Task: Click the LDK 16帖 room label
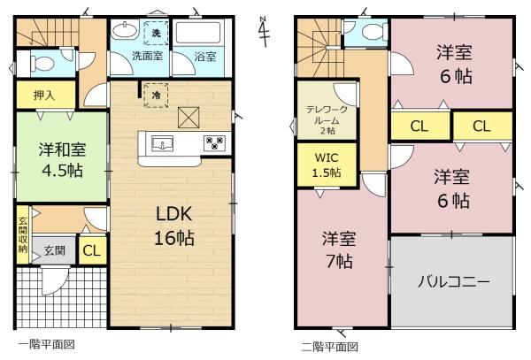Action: coord(174,226)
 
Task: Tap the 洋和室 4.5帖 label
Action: coord(62,160)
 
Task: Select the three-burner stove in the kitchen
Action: coord(215,142)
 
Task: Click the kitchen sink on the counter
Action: coord(162,143)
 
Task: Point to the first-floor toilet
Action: coord(42,63)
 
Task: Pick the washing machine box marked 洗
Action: coord(156,33)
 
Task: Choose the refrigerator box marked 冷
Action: coord(156,95)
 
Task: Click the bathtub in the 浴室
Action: coord(197,33)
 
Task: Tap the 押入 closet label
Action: coord(44,95)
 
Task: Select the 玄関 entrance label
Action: coord(55,250)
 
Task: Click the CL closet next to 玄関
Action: coord(92,250)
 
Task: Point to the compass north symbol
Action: coord(264,31)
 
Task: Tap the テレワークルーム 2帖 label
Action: coord(327,120)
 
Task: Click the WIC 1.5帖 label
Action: coord(327,165)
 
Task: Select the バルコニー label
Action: coord(454,281)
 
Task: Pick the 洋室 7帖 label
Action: coord(339,250)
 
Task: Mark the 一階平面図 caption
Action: coord(46,345)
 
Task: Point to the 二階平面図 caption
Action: coord(329,347)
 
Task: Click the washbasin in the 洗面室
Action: coord(125,30)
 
